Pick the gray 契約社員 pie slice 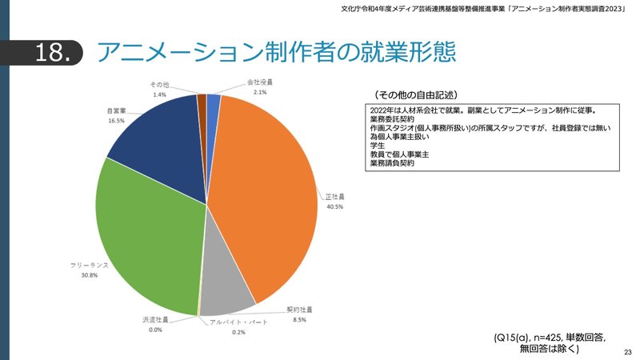[228, 292]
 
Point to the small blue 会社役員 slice [214, 100]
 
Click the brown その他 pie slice [202, 100]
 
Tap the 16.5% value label [117, 121]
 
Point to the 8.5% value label [299, 319]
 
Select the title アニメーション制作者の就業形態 [276, 51]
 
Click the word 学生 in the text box [377, 146]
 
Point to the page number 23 [627, 352]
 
